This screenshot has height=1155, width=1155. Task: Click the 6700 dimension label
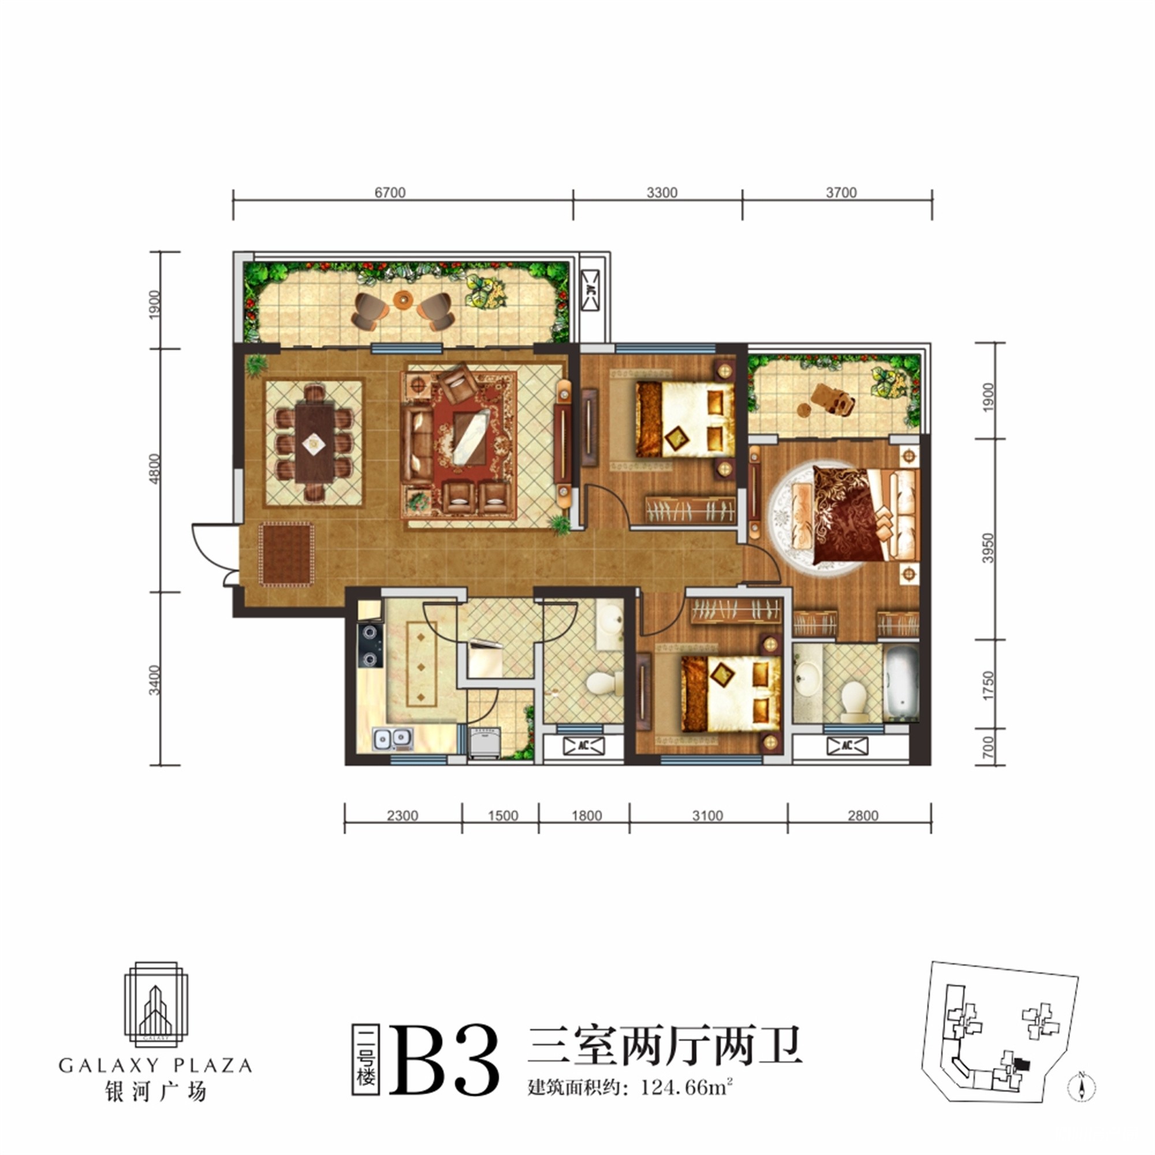point(390,192)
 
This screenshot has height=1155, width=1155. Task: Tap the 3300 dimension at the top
point(662,192)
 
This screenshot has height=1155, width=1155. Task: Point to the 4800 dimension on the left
point(155,469)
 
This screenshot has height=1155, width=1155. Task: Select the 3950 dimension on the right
point(988,547)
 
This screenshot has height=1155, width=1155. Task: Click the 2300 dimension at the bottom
point(403,815)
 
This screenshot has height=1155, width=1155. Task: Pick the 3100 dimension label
point(708,815)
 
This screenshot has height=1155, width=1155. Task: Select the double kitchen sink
point(393,740)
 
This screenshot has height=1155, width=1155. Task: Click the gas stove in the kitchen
point(371,646)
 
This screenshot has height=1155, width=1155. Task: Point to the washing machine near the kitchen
point(485,743)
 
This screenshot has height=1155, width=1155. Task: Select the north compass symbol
point(1081,1086)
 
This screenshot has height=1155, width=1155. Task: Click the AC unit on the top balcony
point(591,290)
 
